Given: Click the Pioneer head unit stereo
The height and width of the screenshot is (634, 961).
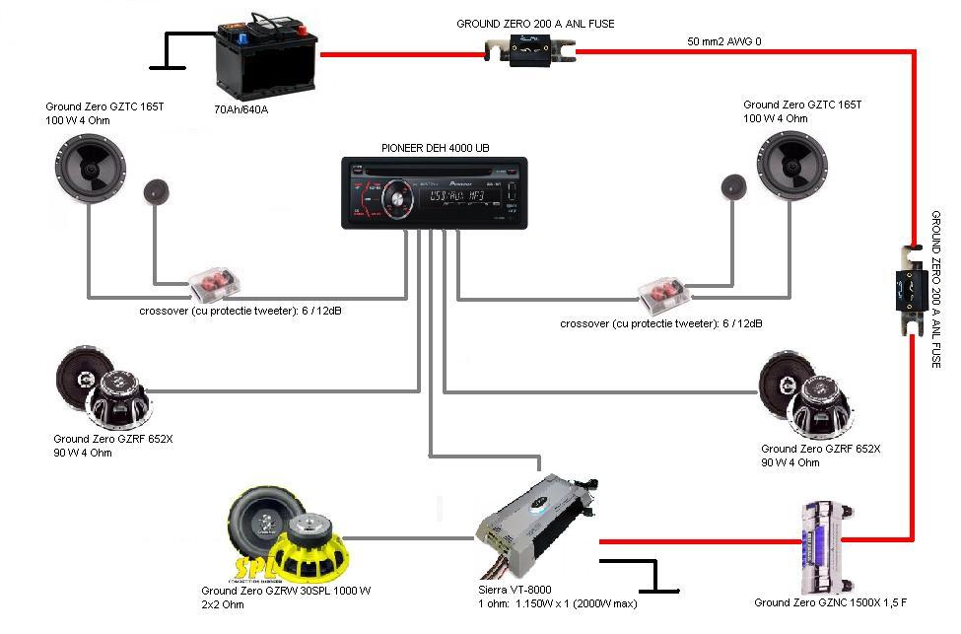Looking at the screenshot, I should pos(434,193).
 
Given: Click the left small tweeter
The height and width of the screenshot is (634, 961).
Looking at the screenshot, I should pos(155,192).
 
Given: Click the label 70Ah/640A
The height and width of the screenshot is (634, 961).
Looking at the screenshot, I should pos(240,109).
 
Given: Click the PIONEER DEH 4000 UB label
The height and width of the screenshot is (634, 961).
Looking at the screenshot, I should pos(435,148).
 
